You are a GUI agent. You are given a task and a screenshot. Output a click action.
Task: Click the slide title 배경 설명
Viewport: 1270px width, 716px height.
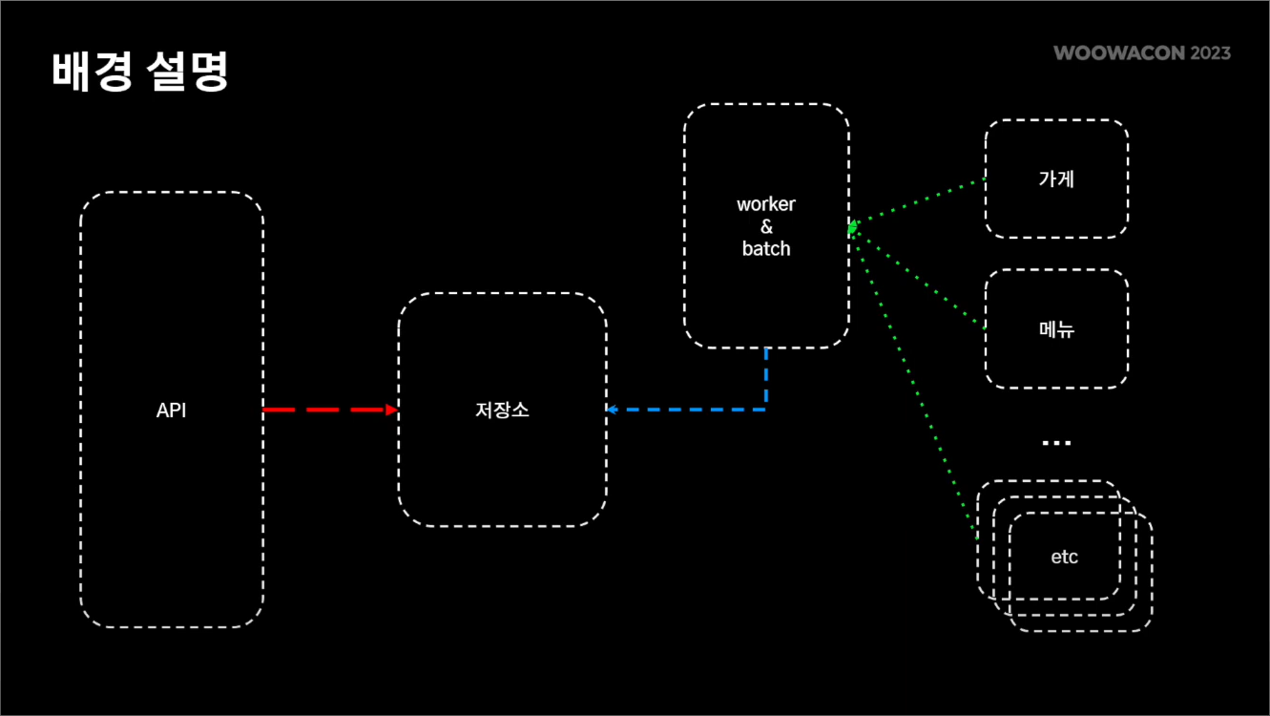click(140, 72)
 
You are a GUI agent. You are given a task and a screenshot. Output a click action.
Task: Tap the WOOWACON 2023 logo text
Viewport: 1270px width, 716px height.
click(1142, 53)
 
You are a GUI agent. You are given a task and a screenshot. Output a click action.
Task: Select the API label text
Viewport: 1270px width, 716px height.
click(172, 411)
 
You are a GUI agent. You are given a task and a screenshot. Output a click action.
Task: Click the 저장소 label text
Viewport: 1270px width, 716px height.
click(502, 411)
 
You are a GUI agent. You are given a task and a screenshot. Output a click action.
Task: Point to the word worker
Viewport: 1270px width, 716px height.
click(766, 204)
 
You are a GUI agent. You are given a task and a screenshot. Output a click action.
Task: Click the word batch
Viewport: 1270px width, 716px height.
click(766, 248)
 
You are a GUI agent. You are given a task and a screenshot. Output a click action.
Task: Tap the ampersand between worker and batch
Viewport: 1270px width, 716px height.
click(766, 226)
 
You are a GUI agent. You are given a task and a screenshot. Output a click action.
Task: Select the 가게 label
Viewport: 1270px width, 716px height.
click(1056, 179)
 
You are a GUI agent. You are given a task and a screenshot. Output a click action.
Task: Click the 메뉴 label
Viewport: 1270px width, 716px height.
click(1056, 329)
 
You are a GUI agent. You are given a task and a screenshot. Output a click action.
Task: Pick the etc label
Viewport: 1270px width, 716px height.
click(1064, 557)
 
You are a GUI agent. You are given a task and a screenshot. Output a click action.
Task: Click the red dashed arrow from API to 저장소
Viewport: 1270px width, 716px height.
click(324, 410)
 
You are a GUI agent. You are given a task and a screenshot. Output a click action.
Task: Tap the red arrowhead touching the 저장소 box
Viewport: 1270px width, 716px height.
click(391, 410)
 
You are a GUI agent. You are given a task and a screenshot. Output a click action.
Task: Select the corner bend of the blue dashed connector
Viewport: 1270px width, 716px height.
click(765, 409)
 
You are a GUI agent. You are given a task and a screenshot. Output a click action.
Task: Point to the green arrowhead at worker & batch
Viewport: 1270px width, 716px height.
click(852, 227)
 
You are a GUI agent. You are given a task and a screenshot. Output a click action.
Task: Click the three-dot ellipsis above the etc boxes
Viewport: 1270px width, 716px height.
click(1056, 443)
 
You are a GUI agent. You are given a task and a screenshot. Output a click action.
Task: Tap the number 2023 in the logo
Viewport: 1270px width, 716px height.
click(1210, 53)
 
